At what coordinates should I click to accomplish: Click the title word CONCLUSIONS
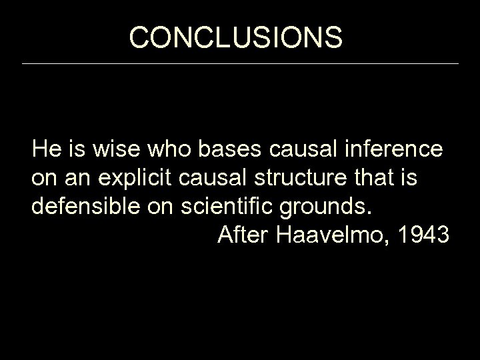click(x=236, y=38)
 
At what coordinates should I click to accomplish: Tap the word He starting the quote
click(x=45, y=149)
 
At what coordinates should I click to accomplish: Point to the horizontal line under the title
click(x=240, y=64)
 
